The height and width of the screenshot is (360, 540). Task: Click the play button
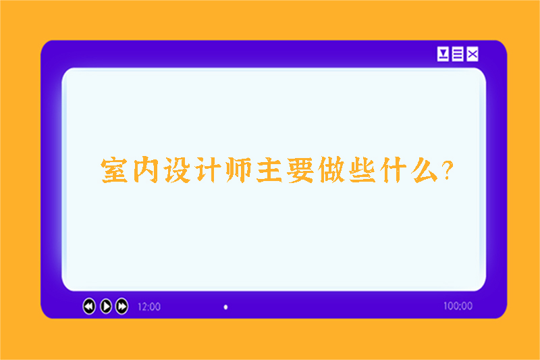coord(106,307)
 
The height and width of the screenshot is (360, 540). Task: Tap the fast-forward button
coord(122,307)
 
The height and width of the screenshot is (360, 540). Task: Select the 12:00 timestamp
coord(149,307)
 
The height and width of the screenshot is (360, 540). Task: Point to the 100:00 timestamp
coord(458,306)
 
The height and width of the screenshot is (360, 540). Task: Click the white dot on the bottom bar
coord(225,307)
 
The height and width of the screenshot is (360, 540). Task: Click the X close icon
coord(473,54)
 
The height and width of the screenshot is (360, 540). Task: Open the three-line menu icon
coord(458,54)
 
